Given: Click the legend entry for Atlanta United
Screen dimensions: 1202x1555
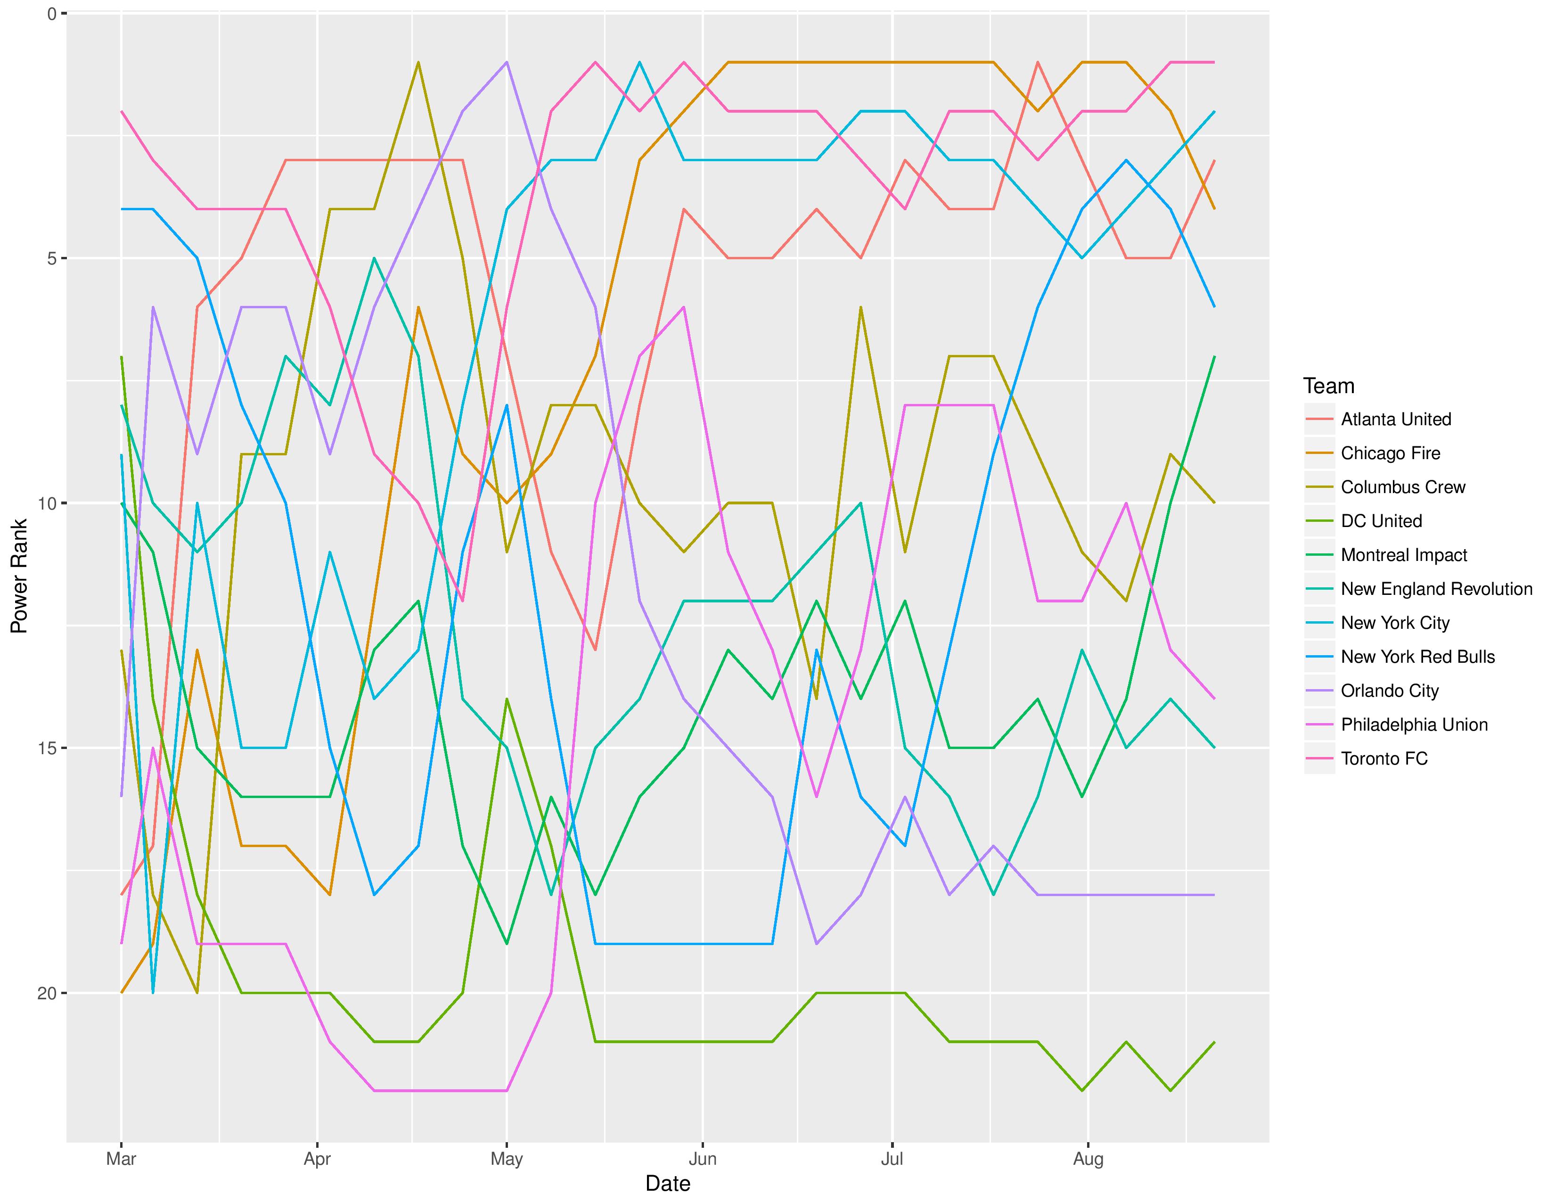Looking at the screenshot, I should [1396, 420].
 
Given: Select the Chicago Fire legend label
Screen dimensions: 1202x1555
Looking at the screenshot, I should [1390, 453].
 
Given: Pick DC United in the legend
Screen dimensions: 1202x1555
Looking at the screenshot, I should [1381, 521].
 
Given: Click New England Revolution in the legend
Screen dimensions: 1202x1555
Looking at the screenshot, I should [1436, 589].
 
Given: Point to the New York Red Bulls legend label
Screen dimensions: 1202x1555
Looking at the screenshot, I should [1417, 657].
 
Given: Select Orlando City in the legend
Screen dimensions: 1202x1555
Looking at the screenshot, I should [1389, 691].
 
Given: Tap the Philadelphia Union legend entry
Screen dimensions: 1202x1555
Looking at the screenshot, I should [1414, 725].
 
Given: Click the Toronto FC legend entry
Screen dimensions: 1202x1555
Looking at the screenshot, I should [1384, 758].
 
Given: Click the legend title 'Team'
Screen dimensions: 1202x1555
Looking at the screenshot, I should [1329, 386].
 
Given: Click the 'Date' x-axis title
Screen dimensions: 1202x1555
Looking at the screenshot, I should [667, 1184].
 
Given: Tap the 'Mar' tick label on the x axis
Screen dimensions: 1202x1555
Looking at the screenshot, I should [121, 1159].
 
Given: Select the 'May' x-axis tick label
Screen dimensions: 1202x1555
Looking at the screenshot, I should [506, 1159].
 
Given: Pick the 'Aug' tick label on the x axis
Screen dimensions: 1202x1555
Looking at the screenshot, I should [1088, 1159].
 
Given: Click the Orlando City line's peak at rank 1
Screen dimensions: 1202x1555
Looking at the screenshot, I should [506, 62].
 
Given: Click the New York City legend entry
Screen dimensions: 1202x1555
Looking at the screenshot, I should [1395, 623].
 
